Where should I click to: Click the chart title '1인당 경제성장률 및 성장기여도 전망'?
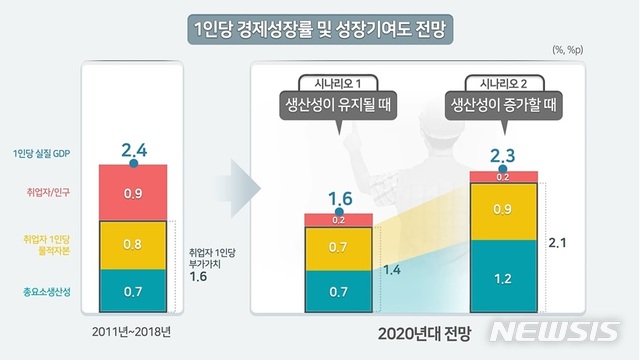(x=320, y=29)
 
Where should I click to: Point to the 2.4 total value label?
(x=134, y=151)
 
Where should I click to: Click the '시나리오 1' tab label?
(x=339, y=82)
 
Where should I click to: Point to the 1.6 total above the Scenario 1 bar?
(x=339, y=198)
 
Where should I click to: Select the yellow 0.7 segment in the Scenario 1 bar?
(x=339, y=246)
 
